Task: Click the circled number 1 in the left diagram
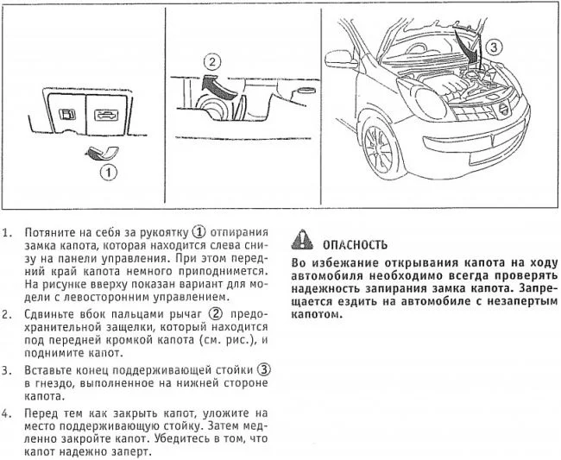[x=108, y=173]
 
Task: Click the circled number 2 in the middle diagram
[x=212, y=62]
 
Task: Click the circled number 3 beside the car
[x=494, y=47]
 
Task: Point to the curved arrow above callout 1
[x=102, y=152]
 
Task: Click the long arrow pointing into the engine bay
[x=466, y=47]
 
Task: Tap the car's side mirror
[x=341, y=60]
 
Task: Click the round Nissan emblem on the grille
[x=503, y=109]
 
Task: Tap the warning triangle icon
[x=302, y=240]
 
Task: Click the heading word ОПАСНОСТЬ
[x=355, y=245]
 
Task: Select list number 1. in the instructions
[x=7, y=233]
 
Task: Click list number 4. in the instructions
[x=7, y=414]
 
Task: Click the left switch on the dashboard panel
[x=67, y=115]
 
